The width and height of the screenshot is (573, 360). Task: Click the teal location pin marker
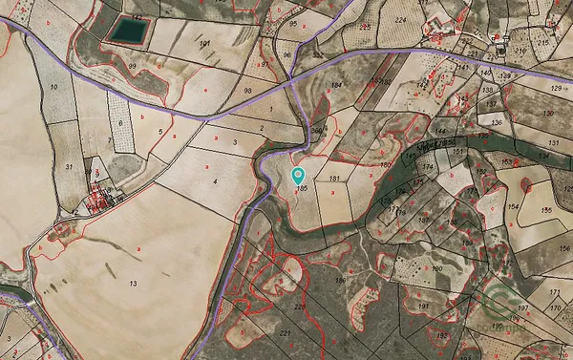(298, 176)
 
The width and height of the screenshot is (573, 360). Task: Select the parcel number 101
(203, 44)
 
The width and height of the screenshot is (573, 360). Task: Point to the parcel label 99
(133, 66)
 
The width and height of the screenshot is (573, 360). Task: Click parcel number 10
(53, 88)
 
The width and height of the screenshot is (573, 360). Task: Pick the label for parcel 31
(69, 167)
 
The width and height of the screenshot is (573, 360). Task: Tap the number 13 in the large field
(133, 284)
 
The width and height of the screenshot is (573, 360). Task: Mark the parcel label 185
(302, 190)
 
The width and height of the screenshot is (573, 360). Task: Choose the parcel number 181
(334, 179)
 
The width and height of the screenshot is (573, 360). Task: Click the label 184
(336, 86)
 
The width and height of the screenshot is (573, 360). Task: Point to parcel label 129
(556, 87)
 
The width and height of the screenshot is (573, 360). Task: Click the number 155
(547, 210)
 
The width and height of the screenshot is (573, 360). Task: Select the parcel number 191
(423, 306)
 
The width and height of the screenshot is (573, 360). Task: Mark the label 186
(340, 280)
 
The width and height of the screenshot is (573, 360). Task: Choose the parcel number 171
(554, 292)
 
